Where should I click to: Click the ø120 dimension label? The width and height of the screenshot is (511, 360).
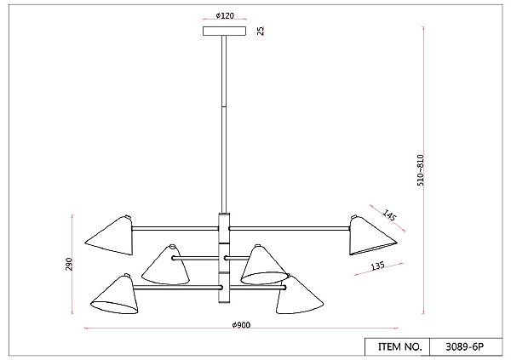(x=225, y=15)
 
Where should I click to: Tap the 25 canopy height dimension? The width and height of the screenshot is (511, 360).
(x=261, y=31)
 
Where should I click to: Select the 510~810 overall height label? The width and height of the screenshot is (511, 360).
(x=421, y=170)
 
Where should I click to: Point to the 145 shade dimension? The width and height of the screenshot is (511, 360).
(x=389, y=215)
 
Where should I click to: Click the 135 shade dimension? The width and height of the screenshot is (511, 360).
(x=377, y=266)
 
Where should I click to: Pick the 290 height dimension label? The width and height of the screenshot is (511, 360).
(x=69, y=264)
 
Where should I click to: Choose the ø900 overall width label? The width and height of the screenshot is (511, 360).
(x=241, y=325)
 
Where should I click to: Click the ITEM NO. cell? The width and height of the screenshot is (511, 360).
(x=400, y=346)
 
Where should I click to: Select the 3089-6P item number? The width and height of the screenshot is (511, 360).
(x=464, y=347)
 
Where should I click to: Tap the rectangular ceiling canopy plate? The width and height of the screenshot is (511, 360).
(x=225, y=31)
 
